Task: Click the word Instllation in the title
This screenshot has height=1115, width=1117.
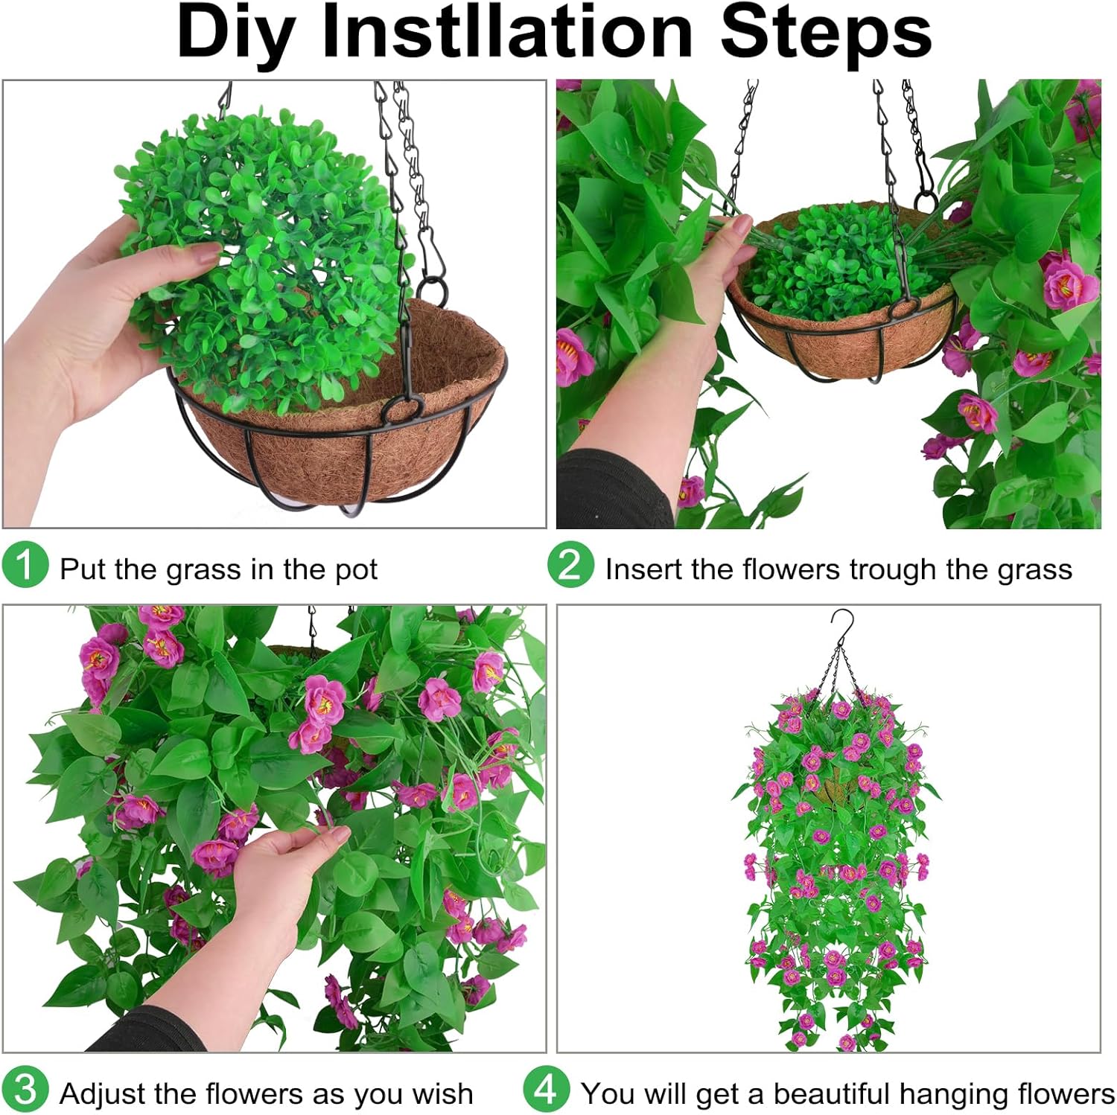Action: click(507, 33)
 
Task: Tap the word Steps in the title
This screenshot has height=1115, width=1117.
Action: click(826, 33)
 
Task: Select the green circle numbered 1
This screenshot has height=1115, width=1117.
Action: click(25, 565)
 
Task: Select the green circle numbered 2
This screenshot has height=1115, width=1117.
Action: click(570, 565)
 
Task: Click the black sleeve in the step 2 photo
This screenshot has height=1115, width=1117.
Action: click(611, 491)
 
